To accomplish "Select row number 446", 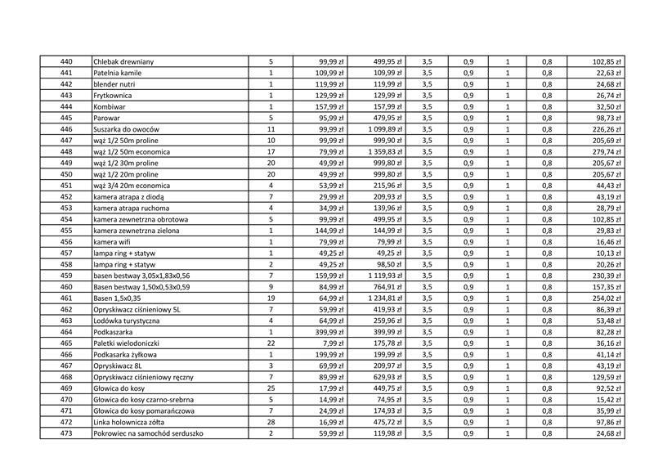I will tap(66, 129).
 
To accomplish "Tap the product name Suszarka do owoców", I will tap(126, 129).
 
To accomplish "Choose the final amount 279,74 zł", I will tap(607, 152).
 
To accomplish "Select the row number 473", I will tap(66, 433).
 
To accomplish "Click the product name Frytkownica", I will tap(113, 96).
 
